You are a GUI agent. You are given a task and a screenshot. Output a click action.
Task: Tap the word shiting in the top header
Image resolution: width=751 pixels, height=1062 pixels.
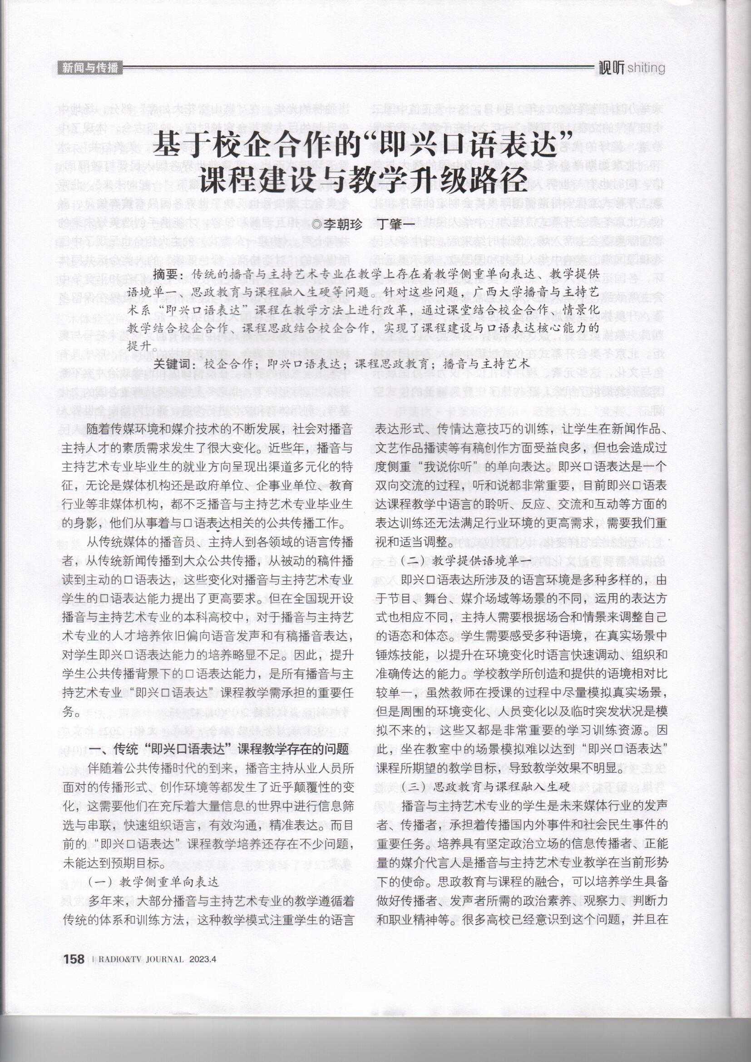(646, 69)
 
